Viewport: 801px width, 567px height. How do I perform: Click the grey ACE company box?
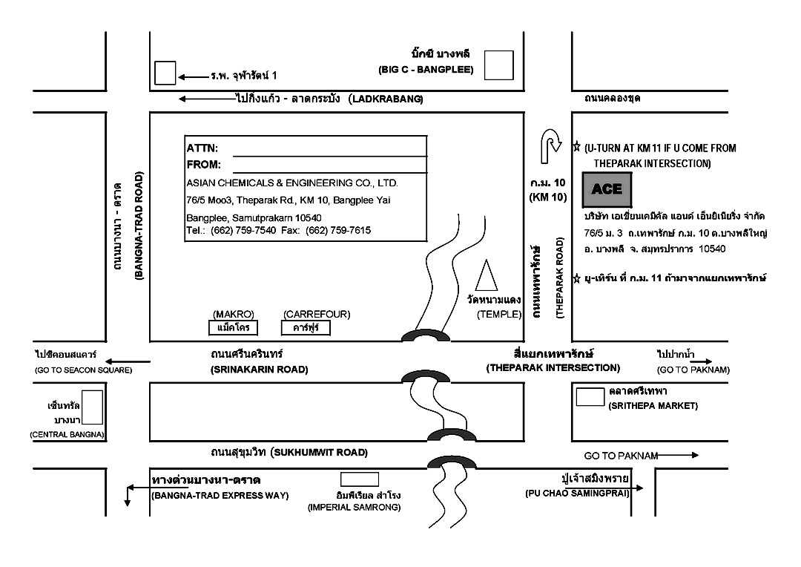[x=607, y=189]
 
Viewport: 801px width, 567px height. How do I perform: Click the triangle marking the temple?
[x=486, y=276]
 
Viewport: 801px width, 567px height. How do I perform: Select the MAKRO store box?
[x=233, y=328]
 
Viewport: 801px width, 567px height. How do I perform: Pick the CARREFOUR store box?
[x=306, y=328]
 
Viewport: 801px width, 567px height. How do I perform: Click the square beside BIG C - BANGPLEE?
[x=498, y=65]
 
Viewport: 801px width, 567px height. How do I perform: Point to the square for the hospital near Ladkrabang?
[x=165, y=73]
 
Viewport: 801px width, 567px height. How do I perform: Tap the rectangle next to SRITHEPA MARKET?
[x=590, y=397]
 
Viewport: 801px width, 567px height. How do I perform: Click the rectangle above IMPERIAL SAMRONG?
[x=360, y=479]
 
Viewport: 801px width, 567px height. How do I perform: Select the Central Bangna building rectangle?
[x=92, y=407]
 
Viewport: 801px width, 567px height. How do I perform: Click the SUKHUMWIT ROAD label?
[x=319, y=453]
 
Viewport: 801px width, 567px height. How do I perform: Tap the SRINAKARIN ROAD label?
[x=259, y=370]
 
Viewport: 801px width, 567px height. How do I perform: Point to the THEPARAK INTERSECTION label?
[x=553, y=367]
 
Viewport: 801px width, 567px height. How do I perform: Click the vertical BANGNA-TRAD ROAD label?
[x=139, y=226]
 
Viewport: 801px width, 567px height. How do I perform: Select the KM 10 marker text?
[x=548, y=197]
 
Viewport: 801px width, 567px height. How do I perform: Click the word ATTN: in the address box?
[x=202, y=148]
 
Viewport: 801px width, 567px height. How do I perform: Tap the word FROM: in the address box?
[x=204, y=165]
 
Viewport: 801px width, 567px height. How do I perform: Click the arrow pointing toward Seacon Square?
[x=128, y=361]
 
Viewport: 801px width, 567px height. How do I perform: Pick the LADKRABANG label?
[x=386, y=99]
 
